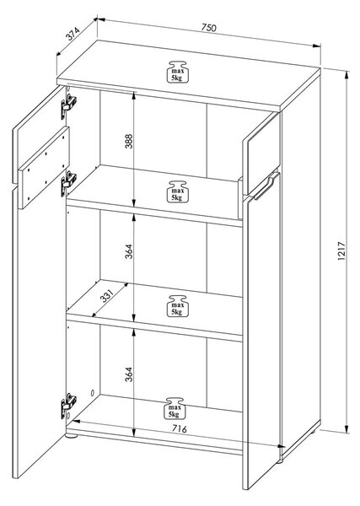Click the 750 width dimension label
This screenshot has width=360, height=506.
pos(208,28)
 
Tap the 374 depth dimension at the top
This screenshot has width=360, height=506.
pos(73,34)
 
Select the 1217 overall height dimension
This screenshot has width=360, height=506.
pos(341,250)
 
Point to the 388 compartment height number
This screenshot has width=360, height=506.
pos(129,141)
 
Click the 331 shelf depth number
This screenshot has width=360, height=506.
pos(107,296)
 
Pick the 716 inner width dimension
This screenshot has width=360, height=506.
pos(179,428)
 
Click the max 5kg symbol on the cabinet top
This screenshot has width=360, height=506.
pos(177,72)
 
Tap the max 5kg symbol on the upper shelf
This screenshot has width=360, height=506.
pos(177,191)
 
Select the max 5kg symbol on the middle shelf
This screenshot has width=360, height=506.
pos(177,305)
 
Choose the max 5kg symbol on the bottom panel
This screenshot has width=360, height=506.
pos(175,408)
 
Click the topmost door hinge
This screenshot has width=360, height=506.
pos(68,105)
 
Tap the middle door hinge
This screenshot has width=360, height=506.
pos(68,183)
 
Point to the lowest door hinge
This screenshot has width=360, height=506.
pos(68,406)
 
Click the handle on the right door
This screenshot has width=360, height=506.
pos(267,186)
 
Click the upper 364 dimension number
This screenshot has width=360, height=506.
pos(129,251)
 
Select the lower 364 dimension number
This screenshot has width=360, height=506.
pos(129,374)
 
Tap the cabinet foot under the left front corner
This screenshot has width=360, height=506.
pos(72,436)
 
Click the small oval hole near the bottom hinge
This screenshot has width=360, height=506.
pos(92,393)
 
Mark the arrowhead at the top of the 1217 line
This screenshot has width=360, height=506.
pos(347,74)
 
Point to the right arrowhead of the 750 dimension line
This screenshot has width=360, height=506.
pos(316,46)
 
